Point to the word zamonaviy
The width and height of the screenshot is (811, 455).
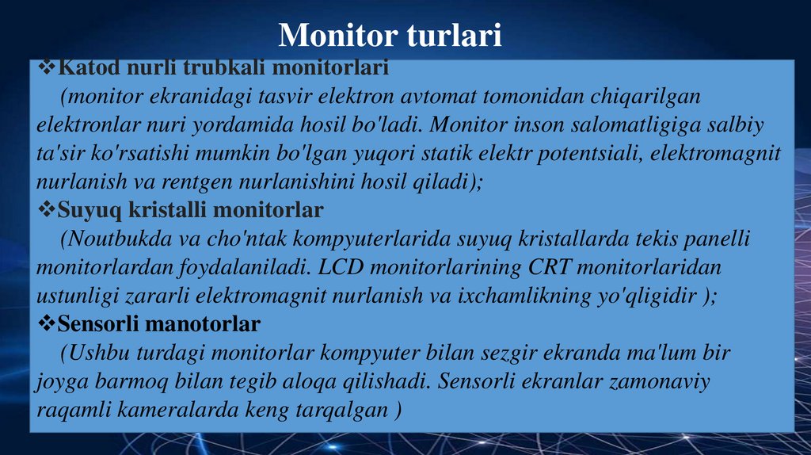[659, 380]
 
